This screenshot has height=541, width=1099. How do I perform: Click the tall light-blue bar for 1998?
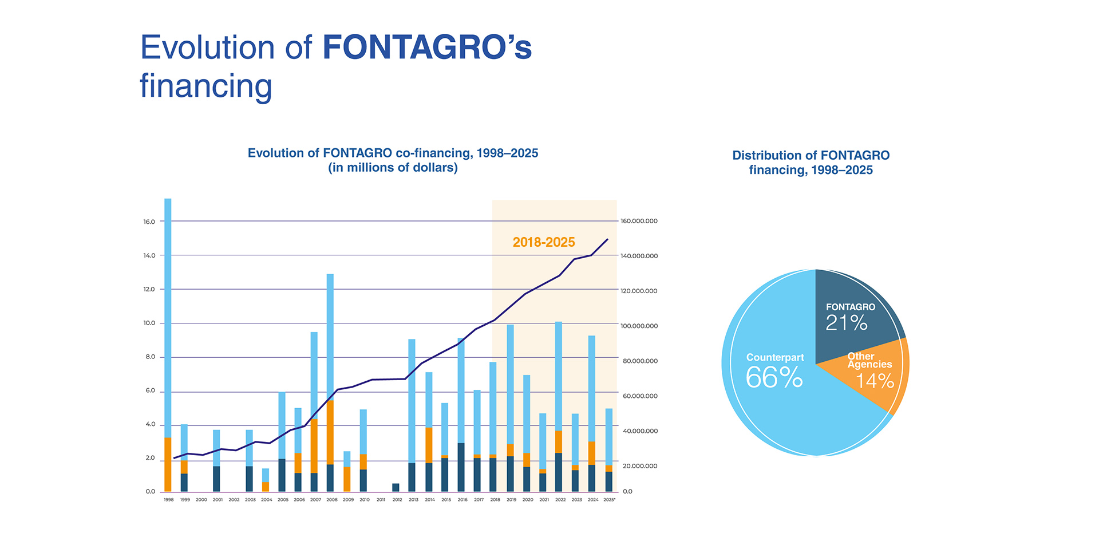pyautogui.click(x=168, y=315)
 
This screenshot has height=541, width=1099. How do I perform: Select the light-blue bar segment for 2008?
pyautogui.click(x=330, y=338)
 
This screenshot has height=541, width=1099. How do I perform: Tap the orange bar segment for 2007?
pyautogui.click(x=314, y=447)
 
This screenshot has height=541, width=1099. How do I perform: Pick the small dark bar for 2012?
pyautogui.click(x=396, y=488)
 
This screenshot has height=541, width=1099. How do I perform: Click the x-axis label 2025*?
pyautogui.click(x=610, y=500)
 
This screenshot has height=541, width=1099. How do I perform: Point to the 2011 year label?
pyautogui.click(x=381, y=500)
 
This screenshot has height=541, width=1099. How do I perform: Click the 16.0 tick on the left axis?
pyautogui.click(x=149, y=222)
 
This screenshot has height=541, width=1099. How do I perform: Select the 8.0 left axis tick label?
pyautogui.click(x=149, y=357)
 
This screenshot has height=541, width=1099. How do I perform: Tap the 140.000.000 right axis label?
pyautogui.click(x=639, y=256)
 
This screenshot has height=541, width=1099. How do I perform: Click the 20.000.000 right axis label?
pyautogui.click(x=639, y=466)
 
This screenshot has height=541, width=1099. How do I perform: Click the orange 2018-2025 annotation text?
pyautogui.click(x=544, y=242)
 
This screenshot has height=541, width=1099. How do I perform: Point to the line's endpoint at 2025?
pyautogui.click(x=607, y=239)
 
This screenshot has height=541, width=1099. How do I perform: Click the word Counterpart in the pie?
pyautogui.click(x=775, y=357)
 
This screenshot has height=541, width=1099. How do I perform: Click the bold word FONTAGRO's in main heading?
pyautogui.click(x=427, y=47)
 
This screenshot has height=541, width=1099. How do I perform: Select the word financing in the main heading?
pyautogui.click(x=206, y=86)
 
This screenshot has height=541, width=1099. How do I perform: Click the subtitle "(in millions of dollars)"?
pyautogui.click(x=393, y=168)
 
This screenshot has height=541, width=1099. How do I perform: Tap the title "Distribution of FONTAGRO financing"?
pyautogui.click(x=811, y=163)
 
